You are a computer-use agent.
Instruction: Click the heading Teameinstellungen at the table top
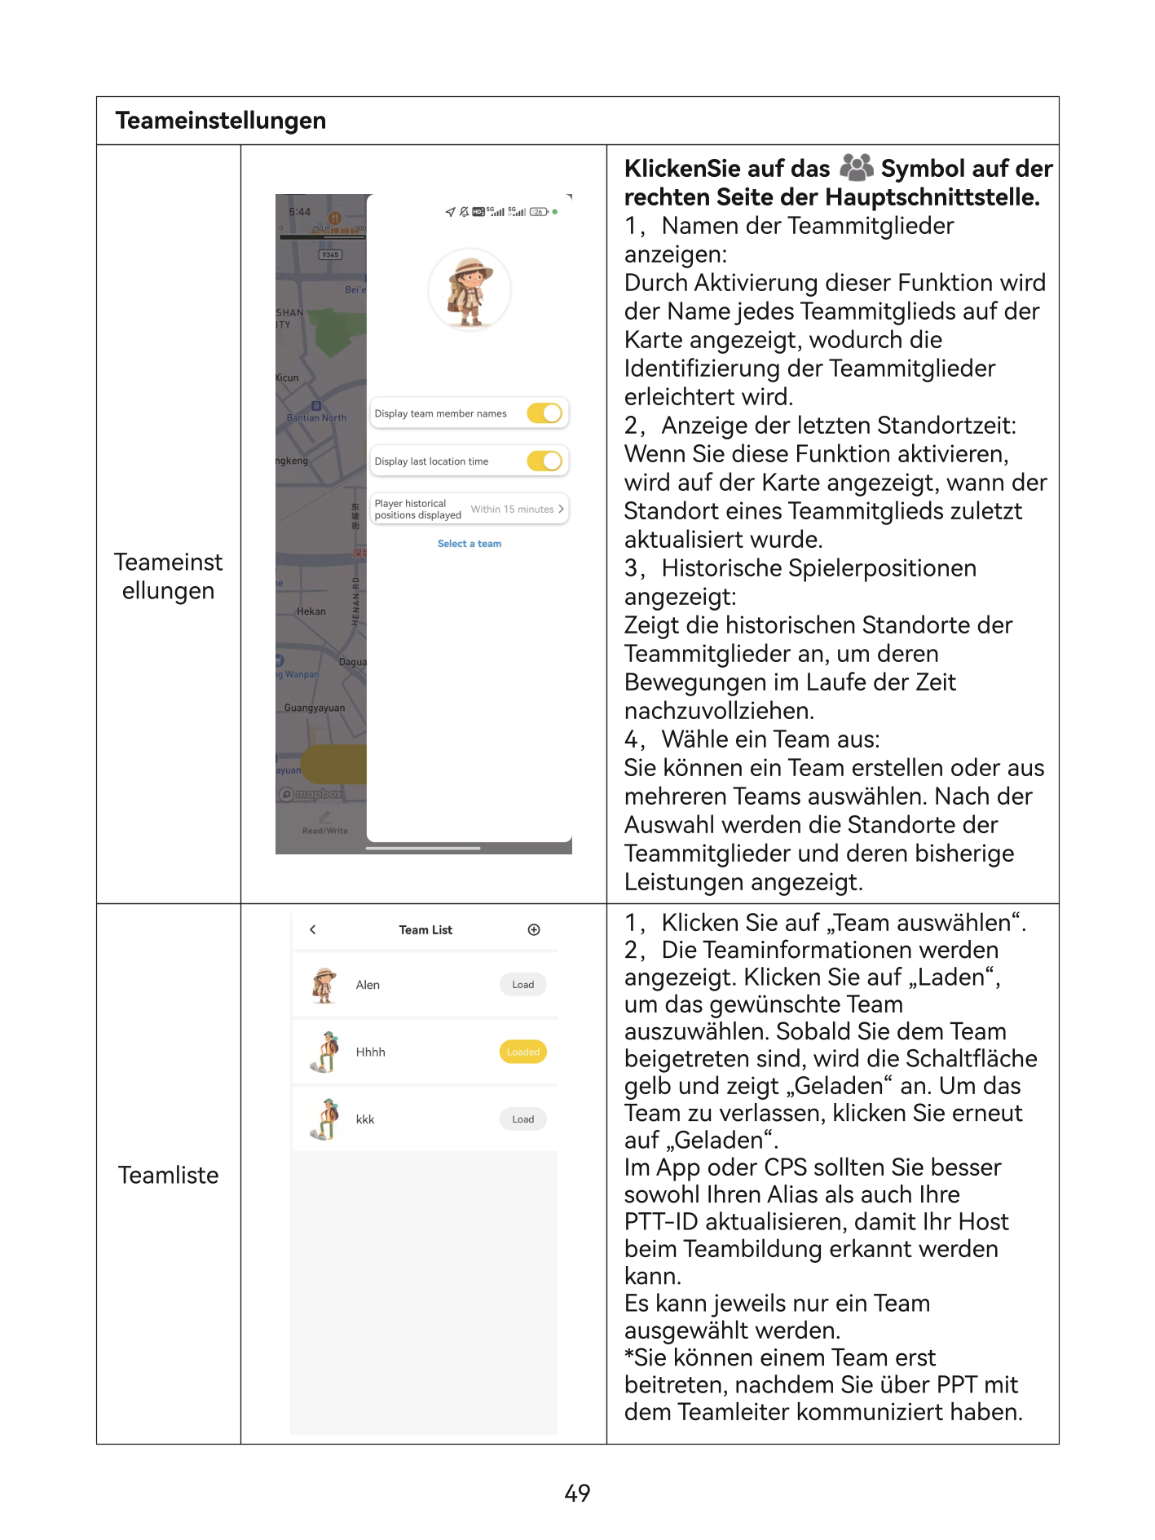click(220, 121)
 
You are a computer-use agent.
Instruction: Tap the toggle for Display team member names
click(544, 413)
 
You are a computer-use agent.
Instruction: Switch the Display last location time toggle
click(544, 461)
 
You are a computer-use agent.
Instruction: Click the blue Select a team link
click(469, 544)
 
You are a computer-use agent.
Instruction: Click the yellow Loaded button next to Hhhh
click(522, 1052)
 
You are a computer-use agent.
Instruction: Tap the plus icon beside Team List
click(534, 930)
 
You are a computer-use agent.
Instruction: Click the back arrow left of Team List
click(313, 930)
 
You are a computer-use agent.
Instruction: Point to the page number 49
click(577, 1493)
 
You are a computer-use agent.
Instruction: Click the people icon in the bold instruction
click(856, 167)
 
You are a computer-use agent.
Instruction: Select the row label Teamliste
click(168, 1175)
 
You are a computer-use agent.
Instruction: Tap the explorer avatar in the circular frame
click(469, 290)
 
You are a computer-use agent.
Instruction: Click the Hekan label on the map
click(311, 611)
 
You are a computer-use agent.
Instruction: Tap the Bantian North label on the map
click(316, 417)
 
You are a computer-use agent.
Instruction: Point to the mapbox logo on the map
click(311, 794)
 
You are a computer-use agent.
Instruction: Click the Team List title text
click(425, 930)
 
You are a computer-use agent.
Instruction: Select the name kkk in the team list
click(365, 1120)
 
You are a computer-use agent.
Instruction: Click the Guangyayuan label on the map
click(315, 708)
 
